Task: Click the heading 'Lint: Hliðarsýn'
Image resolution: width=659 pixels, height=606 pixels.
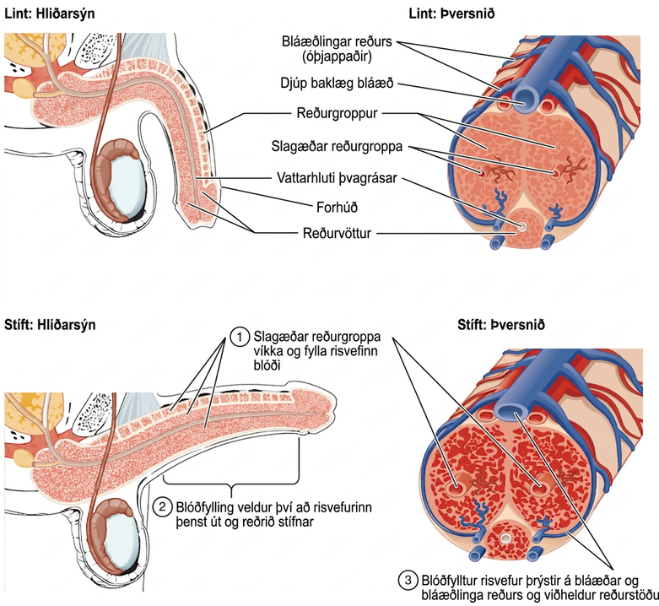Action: pos(49,14)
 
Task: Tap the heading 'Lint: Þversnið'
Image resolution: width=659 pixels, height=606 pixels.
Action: pos(451,14)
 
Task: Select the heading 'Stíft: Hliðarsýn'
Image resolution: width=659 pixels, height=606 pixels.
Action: pos(50,325)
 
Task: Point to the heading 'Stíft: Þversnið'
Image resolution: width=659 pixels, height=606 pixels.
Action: pos(501,325)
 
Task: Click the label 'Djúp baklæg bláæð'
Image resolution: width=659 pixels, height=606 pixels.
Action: pos(337,84)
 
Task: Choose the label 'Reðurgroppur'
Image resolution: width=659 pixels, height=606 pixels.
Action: pos(337,113)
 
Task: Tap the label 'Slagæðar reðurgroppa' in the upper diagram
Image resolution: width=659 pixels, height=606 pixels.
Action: pos(337,147)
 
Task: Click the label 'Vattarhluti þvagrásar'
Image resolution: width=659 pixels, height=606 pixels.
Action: pos(337,178)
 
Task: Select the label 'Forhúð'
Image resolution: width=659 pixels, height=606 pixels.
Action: pos(337,207)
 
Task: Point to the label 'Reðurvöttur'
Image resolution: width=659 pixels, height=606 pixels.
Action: pos(337,233)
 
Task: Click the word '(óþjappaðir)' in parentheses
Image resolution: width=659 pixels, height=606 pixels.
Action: pos(337,57)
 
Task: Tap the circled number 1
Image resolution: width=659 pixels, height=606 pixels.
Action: pos(239,338)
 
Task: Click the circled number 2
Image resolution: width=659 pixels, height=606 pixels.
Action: pos(162,507)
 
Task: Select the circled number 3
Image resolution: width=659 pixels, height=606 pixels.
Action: pos(408,581)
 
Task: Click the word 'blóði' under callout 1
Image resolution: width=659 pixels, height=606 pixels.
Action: pos(267,365)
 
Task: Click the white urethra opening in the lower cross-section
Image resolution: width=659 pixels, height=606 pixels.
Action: pos(506,538)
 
